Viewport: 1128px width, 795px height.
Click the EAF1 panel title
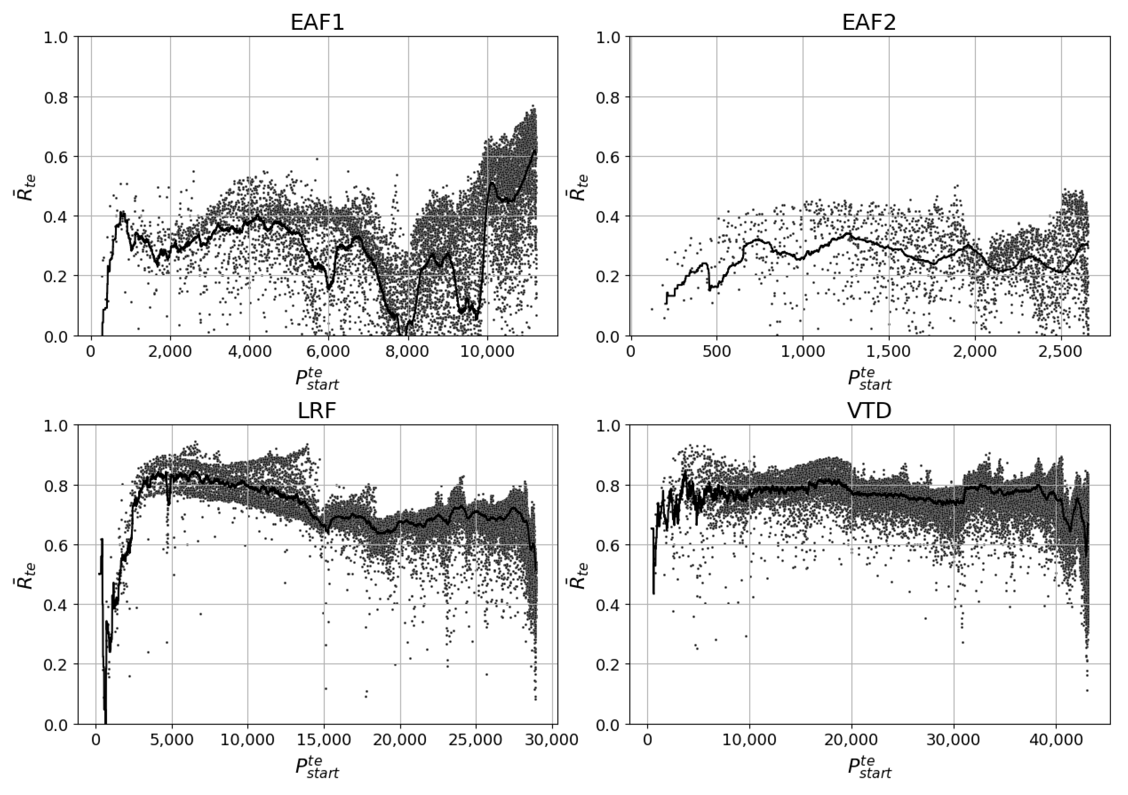317,23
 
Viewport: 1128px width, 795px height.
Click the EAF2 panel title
869,23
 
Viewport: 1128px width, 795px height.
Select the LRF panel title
317,411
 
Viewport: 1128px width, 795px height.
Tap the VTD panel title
869,411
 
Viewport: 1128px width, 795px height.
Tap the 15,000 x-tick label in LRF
324,741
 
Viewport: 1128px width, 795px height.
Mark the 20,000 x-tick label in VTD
852,741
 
